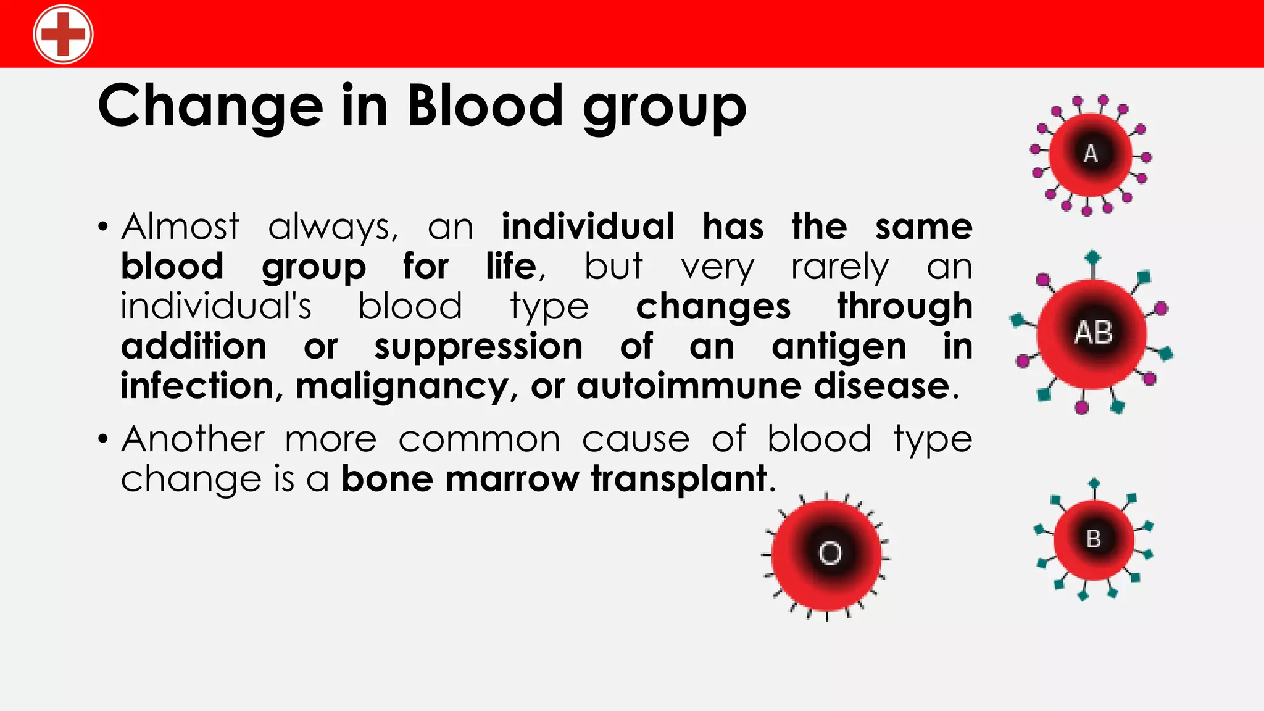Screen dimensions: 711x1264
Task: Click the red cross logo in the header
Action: (x=63, y=34)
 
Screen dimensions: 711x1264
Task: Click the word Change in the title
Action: (x=210, y=106)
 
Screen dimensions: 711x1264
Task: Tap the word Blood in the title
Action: (x=485, y=106)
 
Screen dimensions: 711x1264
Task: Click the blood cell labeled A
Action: (x=1091, y=154)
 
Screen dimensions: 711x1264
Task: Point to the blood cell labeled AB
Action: (x=1092, y=333)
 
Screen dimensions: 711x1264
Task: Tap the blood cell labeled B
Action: (x=1093, y=539)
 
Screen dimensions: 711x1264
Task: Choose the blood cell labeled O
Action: (x=827, y=553)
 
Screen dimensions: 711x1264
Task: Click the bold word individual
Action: (x=588, y=226)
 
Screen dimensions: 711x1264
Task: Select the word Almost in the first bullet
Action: (x=180, y=226)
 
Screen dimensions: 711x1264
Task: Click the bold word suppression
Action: (x=478, y=346)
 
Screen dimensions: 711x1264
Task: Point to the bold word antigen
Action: (x=839, y=346)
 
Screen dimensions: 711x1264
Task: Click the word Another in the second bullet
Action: (x=193, y=439)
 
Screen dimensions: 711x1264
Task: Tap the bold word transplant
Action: (x=678, y=479)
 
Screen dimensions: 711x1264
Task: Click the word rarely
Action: (x=839, y=267)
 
